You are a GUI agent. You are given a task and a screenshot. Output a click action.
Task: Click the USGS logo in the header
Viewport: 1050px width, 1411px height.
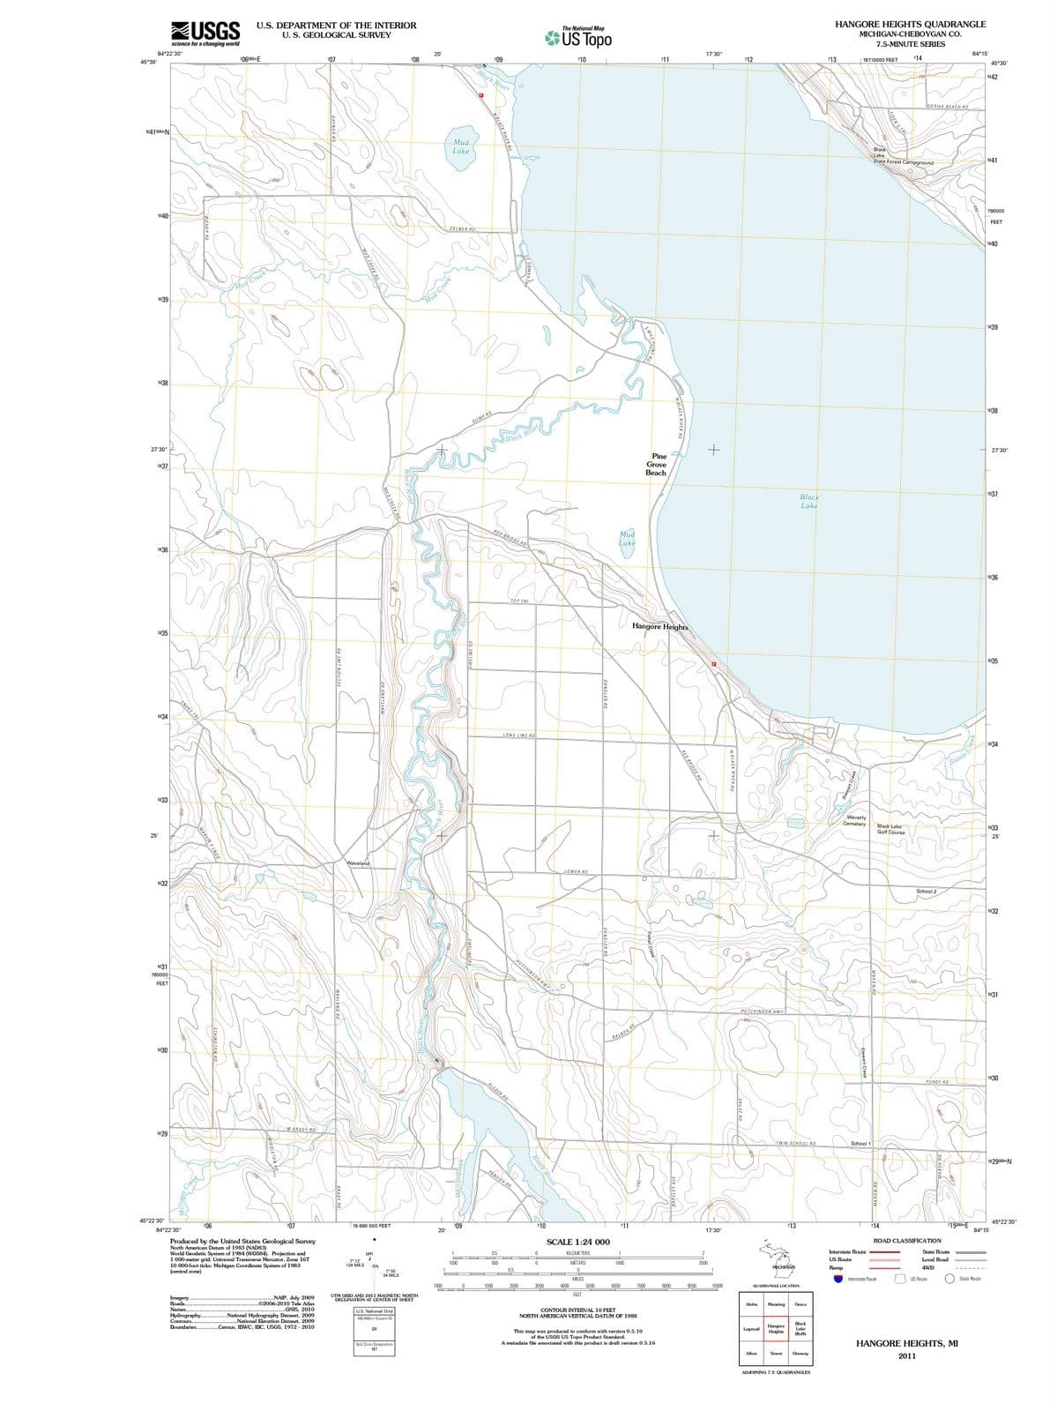click(205, 33)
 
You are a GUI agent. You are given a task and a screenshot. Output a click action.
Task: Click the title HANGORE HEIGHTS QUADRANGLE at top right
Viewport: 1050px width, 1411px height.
click(910, 24)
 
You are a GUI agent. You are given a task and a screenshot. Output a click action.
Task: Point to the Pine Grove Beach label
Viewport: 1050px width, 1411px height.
click(657, 465)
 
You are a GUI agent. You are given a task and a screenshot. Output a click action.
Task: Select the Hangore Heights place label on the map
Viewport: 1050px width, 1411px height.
click(659, 626)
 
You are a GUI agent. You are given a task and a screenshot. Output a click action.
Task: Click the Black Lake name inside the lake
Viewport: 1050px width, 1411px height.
click(809, 502)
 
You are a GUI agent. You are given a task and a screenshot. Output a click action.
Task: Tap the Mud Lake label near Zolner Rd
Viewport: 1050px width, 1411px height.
click(460, 146)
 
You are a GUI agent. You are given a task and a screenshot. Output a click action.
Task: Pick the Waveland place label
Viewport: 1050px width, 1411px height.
click(358, 863)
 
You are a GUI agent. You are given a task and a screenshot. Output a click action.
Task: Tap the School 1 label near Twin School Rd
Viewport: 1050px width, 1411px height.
click(860, 1144)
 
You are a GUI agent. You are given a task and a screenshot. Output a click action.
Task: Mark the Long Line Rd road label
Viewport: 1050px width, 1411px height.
click(518, 735)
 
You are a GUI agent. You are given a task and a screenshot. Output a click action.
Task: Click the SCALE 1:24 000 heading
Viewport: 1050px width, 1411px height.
click(577, 1242)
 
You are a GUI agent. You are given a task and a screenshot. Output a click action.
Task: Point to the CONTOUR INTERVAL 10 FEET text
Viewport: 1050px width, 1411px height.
click(577, 1311)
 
